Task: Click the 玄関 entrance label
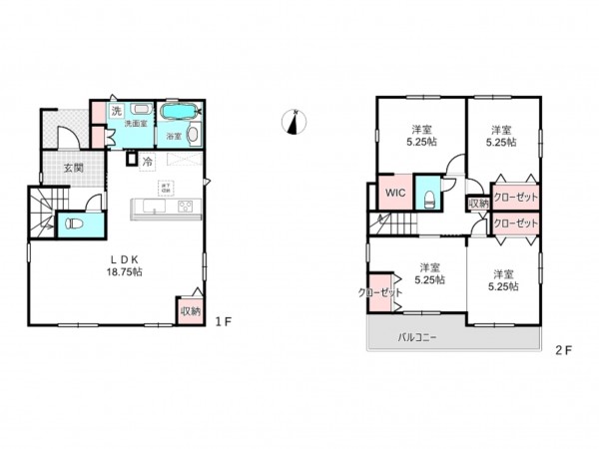click(x=74, y=168)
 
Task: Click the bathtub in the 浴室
click(x=180, y=111)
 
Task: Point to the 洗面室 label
click(x=137, y=123)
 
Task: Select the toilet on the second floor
click(x=426, y=197)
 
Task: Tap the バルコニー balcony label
click(x=418, y=337)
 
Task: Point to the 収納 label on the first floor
click(x=190, y=311)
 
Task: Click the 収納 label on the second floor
click(x=478, y=204)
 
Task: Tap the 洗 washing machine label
click(x=116, y=110)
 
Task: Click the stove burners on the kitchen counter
click(x=186, y=207)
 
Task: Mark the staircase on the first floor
click(x=43, y=213)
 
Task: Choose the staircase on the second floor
click(x=394, y=224)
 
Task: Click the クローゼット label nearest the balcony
click(x=377, y=292)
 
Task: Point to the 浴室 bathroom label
click(x=173, y=135)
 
